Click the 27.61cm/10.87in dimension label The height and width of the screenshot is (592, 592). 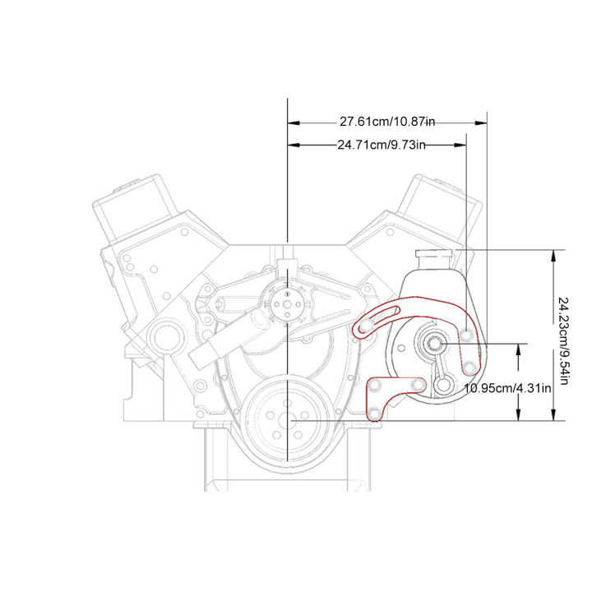pos(386,122)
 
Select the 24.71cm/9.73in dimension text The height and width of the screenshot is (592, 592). pos(381,146)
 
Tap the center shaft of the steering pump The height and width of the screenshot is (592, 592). pos(433,344)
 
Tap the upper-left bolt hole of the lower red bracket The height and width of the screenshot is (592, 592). pos(377,385)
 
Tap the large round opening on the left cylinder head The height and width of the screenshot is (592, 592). pos(165,336)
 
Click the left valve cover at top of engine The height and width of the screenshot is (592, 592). pos(136,206)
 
